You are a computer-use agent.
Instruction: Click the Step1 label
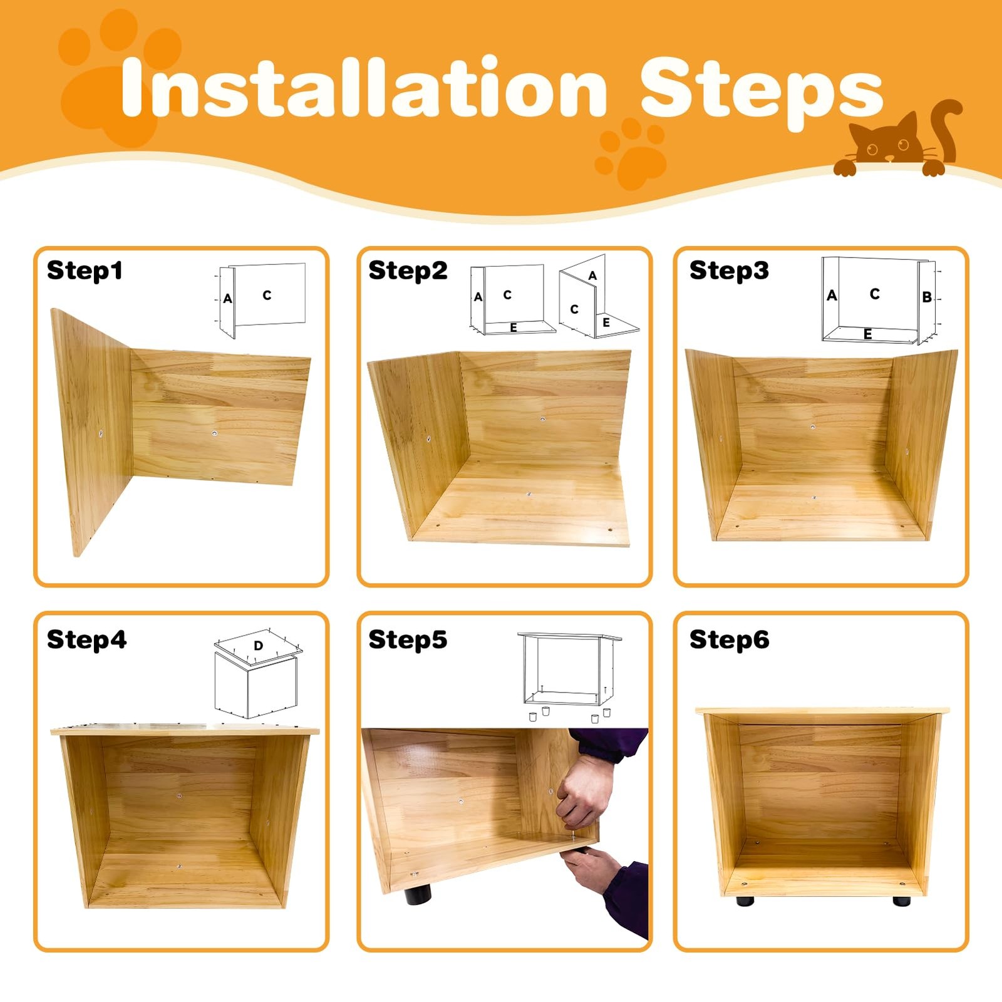point(85,271)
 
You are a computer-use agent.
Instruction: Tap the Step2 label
point(408,271)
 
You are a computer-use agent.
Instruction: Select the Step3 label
point(729,271)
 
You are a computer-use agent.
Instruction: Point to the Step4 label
point(86,640)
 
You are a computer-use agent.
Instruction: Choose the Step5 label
point(408,640)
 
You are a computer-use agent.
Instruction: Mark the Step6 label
point(729,640)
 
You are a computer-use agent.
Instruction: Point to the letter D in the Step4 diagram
point(258,646)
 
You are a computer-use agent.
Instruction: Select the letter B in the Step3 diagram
point(927,297)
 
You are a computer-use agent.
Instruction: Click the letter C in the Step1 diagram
point(267,295)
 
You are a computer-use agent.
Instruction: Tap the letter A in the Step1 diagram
point(227,299)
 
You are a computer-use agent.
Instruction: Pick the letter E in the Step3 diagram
point(867,334)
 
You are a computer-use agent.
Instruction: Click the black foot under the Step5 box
point(418,894)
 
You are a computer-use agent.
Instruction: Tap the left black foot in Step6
point(745,901)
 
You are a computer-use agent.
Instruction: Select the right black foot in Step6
point(902,901)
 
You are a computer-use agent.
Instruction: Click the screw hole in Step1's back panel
point(215,433)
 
